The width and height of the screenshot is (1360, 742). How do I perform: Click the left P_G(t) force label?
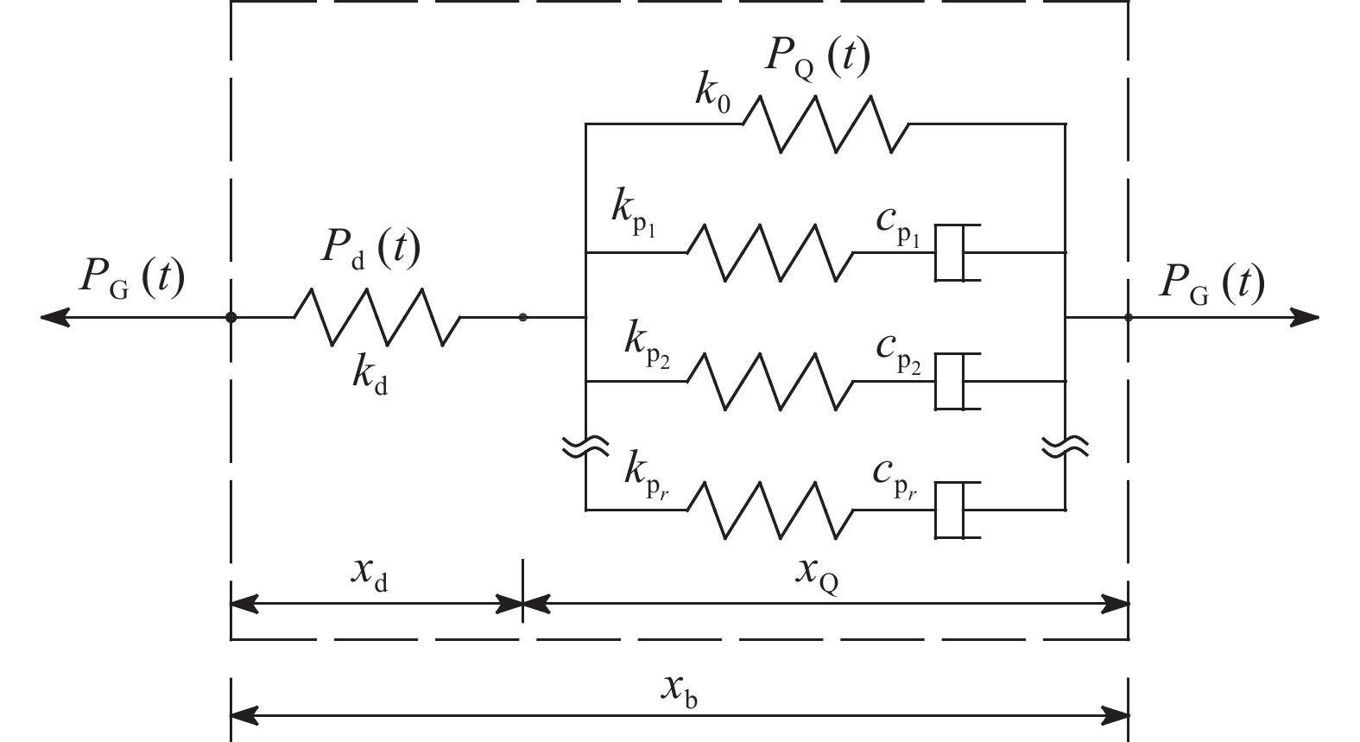click(132, 279)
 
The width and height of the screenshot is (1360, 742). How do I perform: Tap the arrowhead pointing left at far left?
click(54, 318)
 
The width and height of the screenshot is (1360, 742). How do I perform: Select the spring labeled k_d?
click(377, 318)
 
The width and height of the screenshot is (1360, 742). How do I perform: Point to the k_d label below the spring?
click(370, 378)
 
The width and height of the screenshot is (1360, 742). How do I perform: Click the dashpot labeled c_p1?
click(957, 252)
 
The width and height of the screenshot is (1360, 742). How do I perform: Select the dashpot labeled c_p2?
click(957, 381)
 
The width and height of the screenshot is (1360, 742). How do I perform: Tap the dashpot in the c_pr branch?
click(957, 511)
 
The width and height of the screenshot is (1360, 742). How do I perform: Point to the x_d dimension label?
click(370, 576)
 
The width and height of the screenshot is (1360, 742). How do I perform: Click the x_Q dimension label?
click(816, 576)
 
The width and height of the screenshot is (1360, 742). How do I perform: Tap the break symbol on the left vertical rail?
click(586, 446)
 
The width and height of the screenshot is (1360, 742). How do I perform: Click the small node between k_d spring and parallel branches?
click(523, 318)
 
